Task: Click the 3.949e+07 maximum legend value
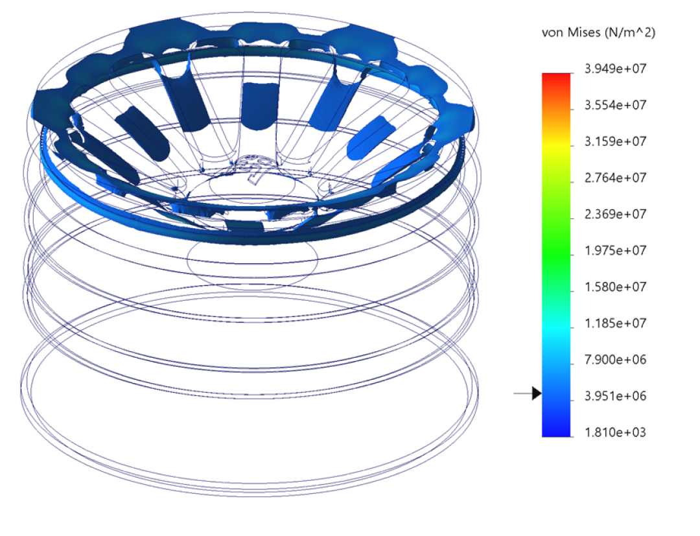point(615,69)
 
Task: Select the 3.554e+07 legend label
point(615,105)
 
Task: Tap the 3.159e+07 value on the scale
point(615,141)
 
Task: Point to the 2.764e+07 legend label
point(615,178)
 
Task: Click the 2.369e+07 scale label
point(615,214)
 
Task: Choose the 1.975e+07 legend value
point(615,250)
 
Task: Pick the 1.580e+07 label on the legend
point(615,286)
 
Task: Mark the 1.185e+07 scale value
point(615,323)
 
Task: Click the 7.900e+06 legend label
point(615,359)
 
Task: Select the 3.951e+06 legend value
point(615,395)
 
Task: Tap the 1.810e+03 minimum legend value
point(615,432)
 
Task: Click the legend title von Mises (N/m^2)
point(598,33)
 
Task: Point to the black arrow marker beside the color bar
point(535,393)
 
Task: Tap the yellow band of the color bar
point(556,146)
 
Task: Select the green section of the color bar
point(556,253)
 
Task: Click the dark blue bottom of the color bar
point(556,430)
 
